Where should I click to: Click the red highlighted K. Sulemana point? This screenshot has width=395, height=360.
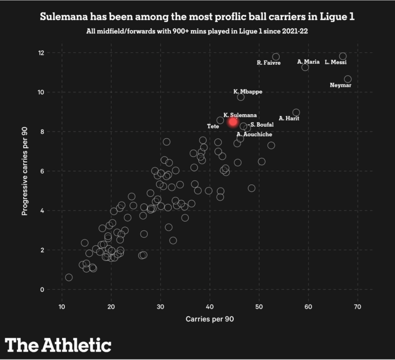tap(233, 122)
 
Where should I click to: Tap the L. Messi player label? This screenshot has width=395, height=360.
tap(335, 62)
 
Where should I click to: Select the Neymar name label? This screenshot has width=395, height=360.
tap(341, 85)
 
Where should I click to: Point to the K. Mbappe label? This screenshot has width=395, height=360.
tap(248, 92)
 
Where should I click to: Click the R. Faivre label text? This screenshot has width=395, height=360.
tap(269, 63)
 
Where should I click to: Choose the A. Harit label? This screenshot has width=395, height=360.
tap(289, 118)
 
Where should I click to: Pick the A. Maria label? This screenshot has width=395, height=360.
tap(309, 61)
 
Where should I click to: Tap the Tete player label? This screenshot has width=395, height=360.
tap(213, 126)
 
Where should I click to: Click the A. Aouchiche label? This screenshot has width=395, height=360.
tap(254, 134)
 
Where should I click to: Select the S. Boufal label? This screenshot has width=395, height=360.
tap(262, 125)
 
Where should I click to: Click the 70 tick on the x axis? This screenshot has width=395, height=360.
tap(358, 307)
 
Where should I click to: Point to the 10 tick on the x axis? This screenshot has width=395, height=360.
tap(62, 307)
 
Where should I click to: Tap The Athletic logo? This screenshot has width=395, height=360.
tap(58, 345)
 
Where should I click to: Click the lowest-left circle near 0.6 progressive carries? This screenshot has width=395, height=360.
tap(69, 277)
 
